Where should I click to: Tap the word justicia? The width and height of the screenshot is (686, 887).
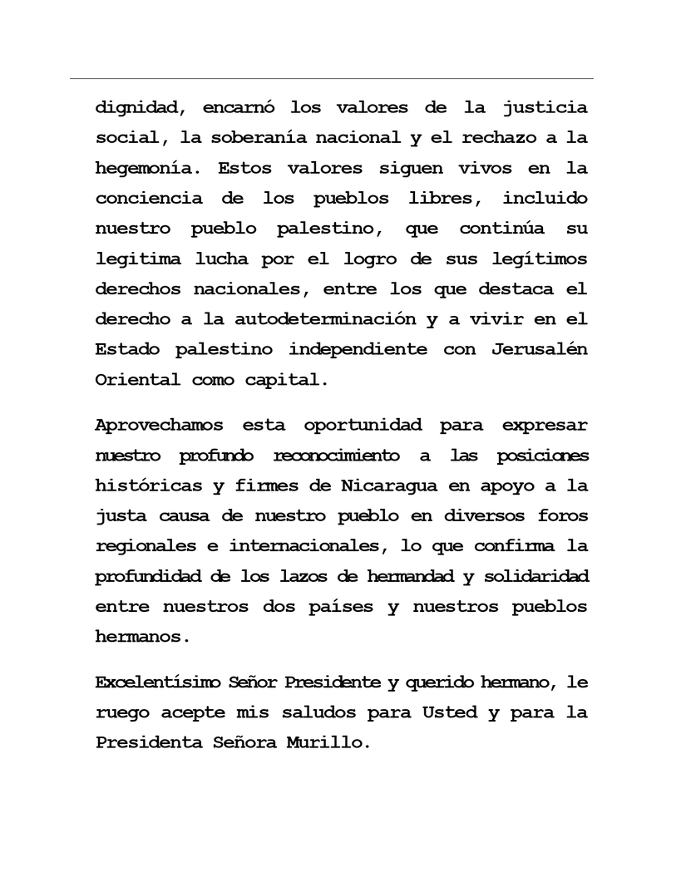[545, 107]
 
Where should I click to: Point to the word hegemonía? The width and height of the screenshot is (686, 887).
[149, 168]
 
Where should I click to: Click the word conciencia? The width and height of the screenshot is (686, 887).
[148, 199]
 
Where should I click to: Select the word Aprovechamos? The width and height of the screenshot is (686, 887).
[160, 426]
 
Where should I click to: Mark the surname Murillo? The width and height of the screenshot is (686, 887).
[326, 742]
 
